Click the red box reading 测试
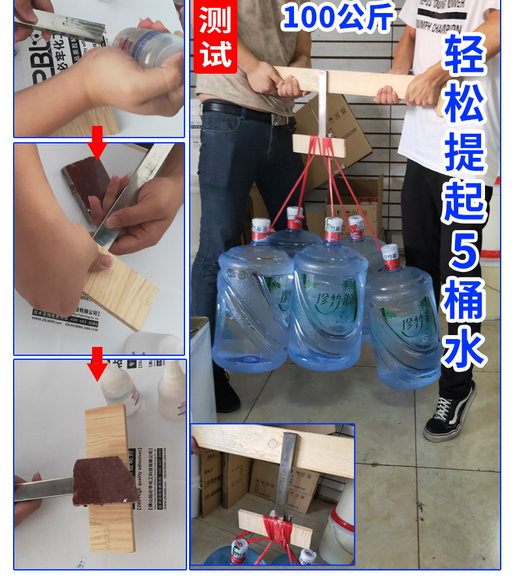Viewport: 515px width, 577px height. (x=216, y=37)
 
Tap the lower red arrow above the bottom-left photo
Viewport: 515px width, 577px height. (x=98, y=363)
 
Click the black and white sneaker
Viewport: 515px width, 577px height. (x=450, y=413)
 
